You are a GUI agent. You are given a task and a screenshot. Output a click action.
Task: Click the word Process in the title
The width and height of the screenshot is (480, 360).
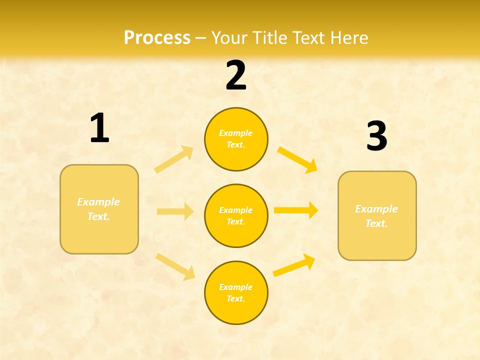click(x=157, y=37)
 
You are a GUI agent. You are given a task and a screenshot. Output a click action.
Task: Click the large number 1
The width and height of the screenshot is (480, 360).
click(x=99, y=128)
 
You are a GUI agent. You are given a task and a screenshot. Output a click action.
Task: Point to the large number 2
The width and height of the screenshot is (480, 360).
click(x=236, y=76)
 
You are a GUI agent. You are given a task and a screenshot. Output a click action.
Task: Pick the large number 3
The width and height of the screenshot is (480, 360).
click(x=376, y=136)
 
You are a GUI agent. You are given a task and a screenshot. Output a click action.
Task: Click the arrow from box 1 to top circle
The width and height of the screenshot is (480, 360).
click(x=174, y=159)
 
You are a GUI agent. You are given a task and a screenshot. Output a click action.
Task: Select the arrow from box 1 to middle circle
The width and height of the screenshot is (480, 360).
click(x=174, y=211)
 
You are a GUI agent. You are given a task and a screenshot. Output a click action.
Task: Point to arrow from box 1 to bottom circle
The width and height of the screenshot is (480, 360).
click(x=175, y=266)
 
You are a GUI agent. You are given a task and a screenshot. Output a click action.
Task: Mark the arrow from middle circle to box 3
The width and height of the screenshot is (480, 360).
click(x=296, y=210)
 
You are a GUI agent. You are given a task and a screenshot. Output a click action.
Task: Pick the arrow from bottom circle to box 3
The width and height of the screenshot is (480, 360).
click(x=294, y=265)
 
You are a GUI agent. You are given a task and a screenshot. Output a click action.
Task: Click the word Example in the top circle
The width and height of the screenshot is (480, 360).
click(x=236, y=133)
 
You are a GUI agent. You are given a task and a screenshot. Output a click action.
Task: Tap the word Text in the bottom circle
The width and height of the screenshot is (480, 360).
click(x=235, y=298)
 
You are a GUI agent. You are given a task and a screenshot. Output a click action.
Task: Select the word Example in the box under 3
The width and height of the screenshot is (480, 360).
click(x=376, y=209)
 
